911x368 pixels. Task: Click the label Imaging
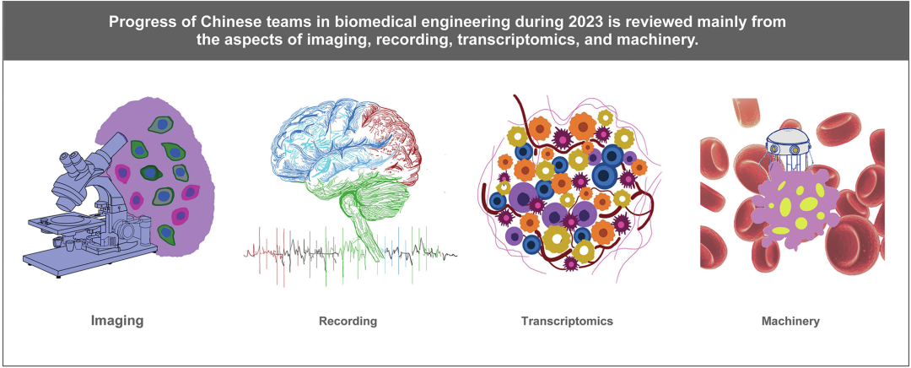pyautogui.click(x=116, y=321)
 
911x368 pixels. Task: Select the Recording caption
pyautogui.click(x=348, y=321)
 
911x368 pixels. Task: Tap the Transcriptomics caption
pyautogui.click(x=567, y=321)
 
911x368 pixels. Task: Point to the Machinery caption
pyautogui.click(x=792, y=321)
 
